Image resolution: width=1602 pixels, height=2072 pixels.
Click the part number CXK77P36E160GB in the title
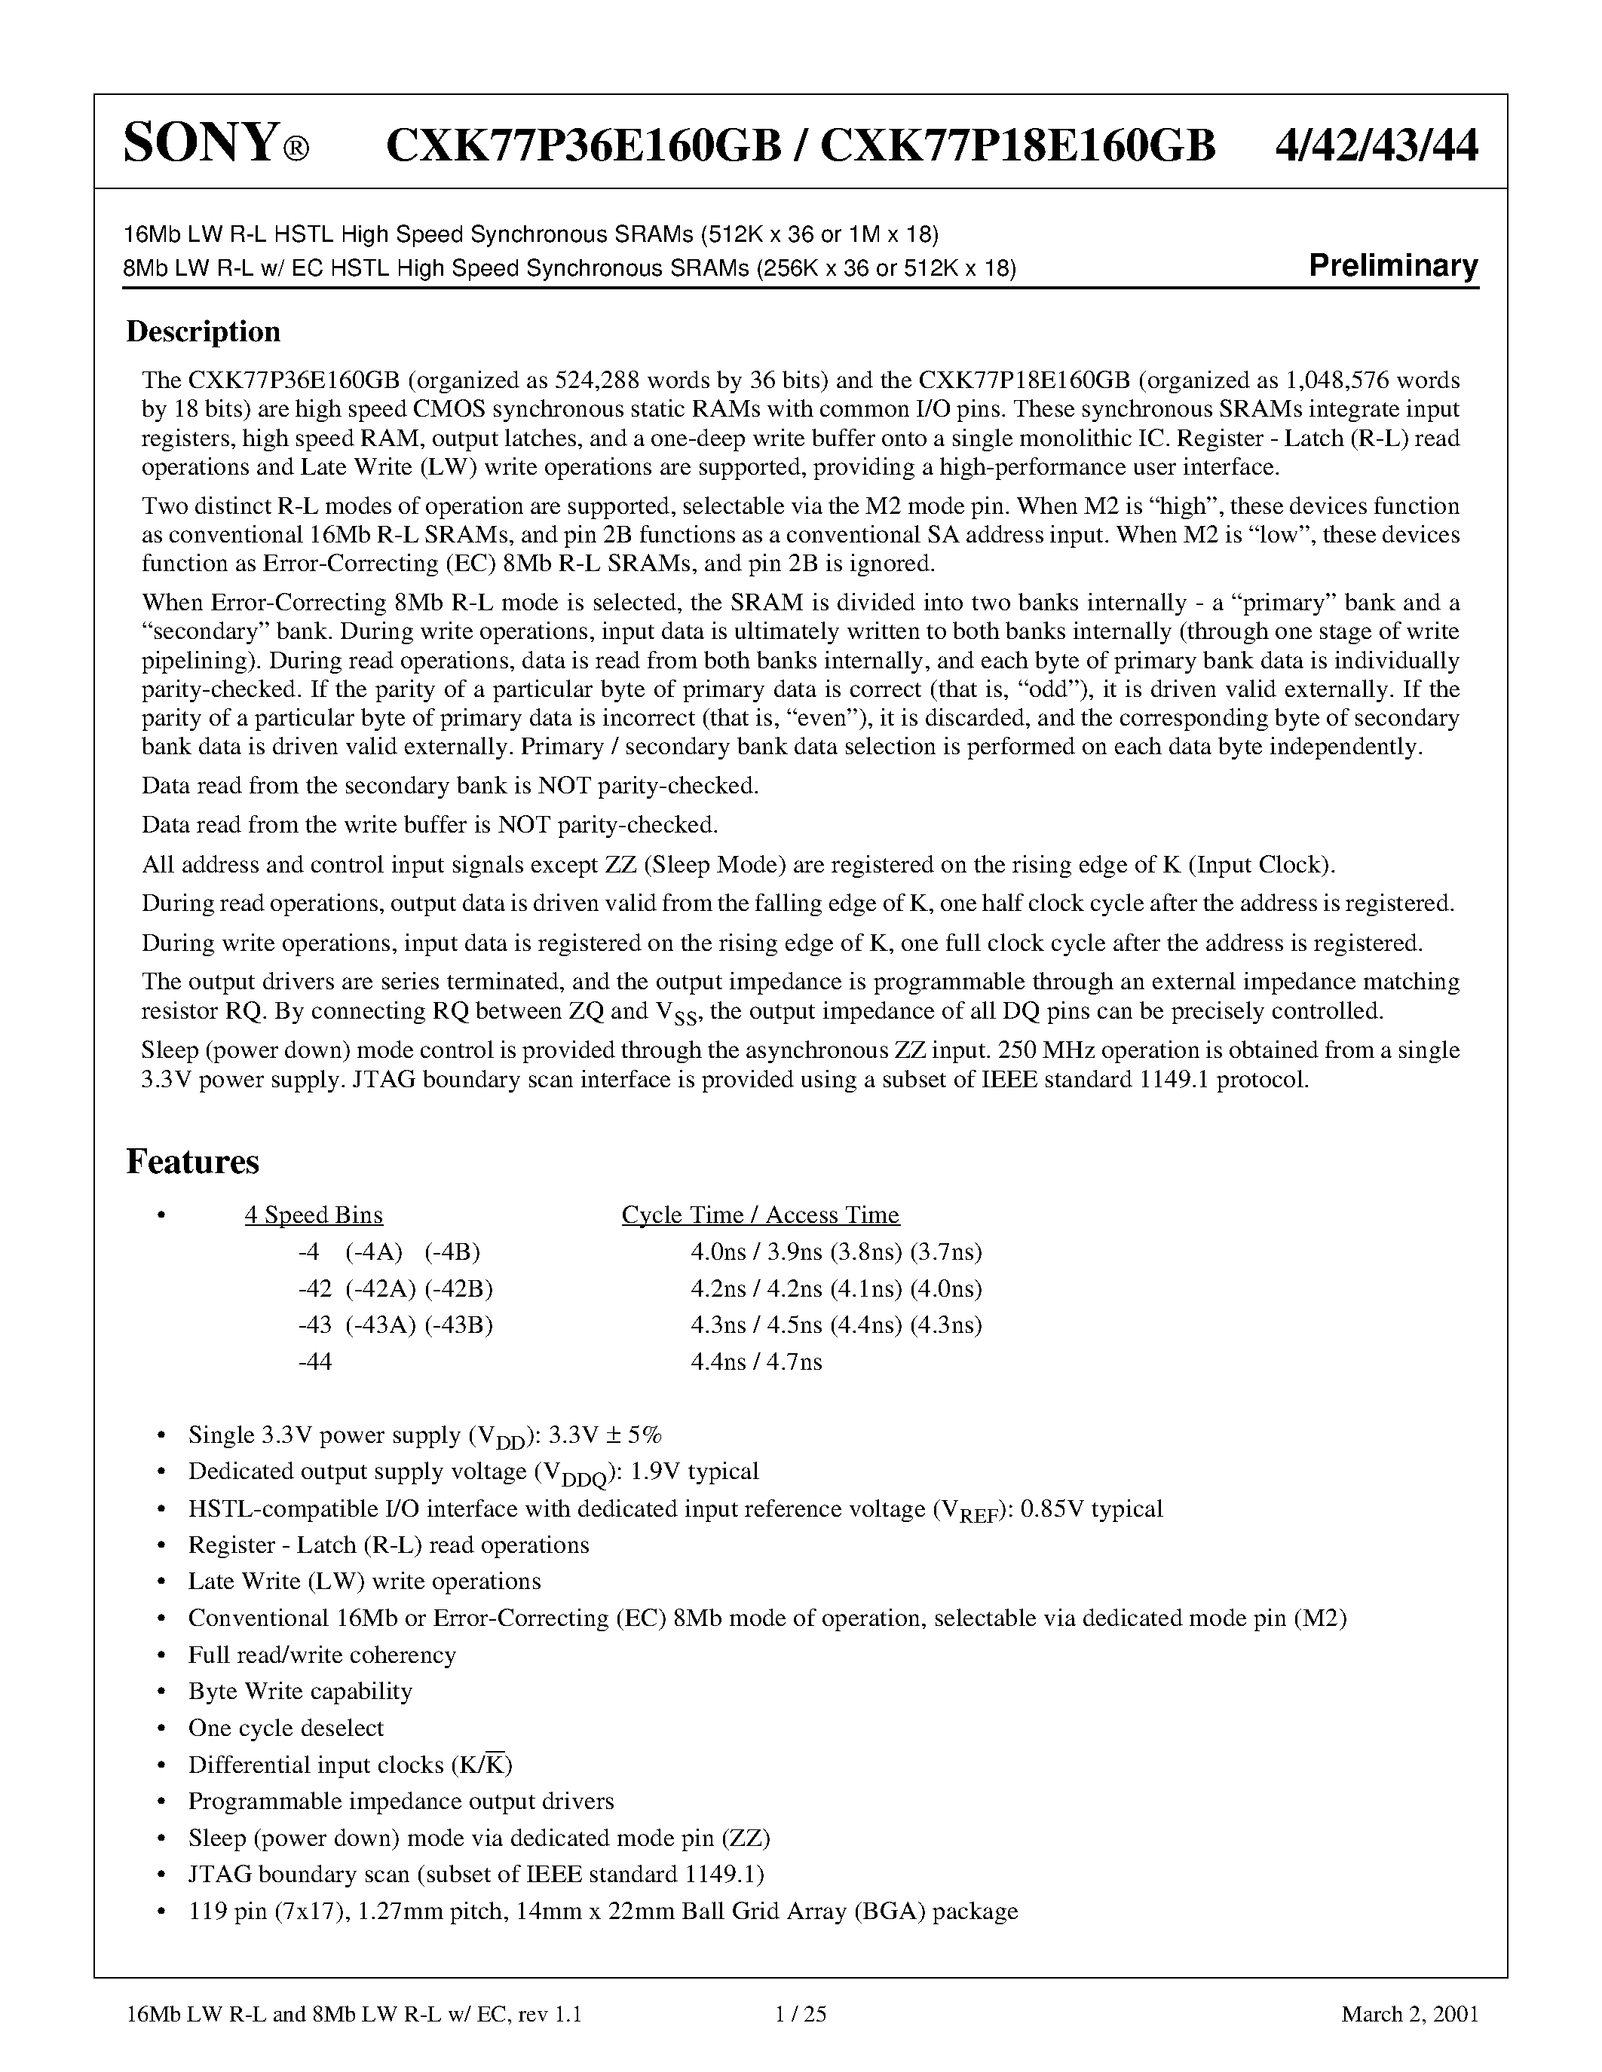click(584, 145)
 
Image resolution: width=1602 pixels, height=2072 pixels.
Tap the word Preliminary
click(1392, 266)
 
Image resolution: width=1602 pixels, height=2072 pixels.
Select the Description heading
click(203, 332)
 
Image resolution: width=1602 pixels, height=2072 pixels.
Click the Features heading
click(193, 1162)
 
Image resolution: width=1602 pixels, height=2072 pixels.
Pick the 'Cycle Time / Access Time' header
click(760, 1215)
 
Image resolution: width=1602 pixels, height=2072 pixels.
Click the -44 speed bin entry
click(314, 1362)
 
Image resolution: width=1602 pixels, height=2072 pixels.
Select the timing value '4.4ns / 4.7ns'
click(756, 1362)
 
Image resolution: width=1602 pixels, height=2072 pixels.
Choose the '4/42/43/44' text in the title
click(1376, 145)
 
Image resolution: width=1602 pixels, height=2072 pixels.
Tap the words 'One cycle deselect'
click(286, 1728)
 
